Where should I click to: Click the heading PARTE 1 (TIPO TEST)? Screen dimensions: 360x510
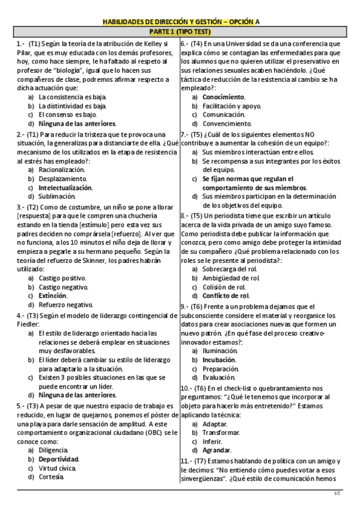point(180,31)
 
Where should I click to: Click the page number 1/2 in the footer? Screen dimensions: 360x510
point(337,494)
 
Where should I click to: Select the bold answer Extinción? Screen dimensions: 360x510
point(53,295)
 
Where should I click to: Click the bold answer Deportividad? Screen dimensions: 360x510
point(59,459)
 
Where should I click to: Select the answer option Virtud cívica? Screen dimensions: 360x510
point(57,468)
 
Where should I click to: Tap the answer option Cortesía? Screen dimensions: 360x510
point(52,477)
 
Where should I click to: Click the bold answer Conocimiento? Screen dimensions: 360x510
point(224,97)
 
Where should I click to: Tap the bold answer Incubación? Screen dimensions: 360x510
point(219,360)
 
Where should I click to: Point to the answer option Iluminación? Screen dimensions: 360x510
point(220,351)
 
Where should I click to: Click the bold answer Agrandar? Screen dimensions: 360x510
point(216,450)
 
